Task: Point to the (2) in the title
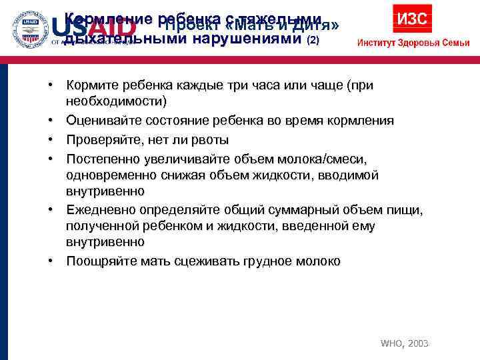[313, 39]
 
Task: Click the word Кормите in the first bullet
[93, 85]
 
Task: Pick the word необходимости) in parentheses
[117, 101]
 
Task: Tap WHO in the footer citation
[390, 343]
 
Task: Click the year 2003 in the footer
[417, 343]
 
